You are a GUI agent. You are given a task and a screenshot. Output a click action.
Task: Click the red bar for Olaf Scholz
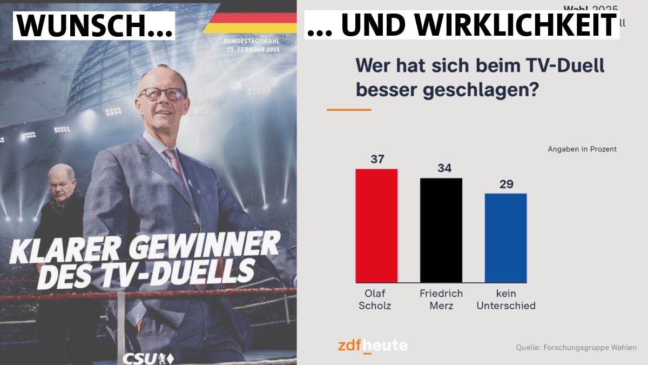coord(376,225)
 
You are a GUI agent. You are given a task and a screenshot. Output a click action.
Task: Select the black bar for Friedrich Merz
coord(441,230)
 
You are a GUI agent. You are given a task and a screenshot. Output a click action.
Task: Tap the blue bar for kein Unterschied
coord(505,237)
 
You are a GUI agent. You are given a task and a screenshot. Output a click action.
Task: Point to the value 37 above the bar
coord(376,160)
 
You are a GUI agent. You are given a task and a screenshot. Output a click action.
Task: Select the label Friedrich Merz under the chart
coord(441,300)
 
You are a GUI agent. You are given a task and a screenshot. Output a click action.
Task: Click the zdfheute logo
coord(373,345)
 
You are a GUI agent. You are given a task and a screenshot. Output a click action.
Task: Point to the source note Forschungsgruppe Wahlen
coord(576,347)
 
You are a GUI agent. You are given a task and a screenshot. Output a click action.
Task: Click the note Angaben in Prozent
coord(582,149)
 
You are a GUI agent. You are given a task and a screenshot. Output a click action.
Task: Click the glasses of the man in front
coord(161,94)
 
